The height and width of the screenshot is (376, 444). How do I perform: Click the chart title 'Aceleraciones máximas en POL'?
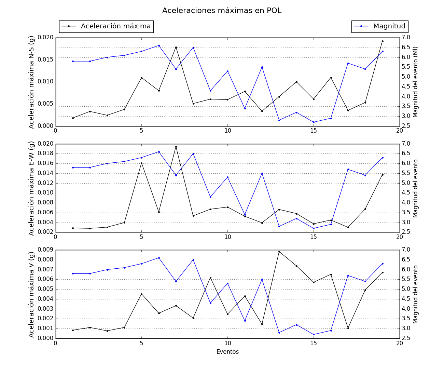click(x=222, y=11)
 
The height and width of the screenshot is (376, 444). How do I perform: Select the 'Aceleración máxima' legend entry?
click(x=115, y=26)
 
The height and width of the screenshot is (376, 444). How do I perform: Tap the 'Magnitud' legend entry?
click(x=389, y=26)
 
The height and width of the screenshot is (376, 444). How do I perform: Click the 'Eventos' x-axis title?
click(x=227, y=352)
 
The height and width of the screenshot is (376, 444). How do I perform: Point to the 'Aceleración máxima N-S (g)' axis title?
click(x=31, y=82)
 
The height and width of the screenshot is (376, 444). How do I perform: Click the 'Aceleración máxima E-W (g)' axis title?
click(x=31, y=188)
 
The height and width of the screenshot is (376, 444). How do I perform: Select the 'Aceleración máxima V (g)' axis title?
click(x=31, y=294)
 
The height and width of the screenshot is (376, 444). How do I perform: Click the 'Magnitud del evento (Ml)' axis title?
click(x=415, y=82)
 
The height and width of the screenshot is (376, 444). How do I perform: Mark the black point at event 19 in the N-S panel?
click(x=383, y=41)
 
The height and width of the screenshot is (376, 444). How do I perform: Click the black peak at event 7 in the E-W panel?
click(x=176, y=147)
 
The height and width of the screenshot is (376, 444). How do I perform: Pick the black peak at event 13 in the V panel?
click(x=279, y=252)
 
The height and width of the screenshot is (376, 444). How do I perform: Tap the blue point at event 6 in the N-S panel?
click(x=159, y=45)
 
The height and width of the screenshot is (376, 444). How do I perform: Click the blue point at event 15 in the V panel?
click(x=314, y=335)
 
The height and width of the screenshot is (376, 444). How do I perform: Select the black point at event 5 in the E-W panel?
click(x=141, y=163)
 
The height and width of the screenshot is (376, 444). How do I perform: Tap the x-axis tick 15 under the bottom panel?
click(x=314, y=343)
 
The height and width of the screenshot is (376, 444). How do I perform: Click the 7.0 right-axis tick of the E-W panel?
click(x=405, y=144)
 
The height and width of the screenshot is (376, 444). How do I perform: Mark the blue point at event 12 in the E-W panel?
click(x=262, y=173)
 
